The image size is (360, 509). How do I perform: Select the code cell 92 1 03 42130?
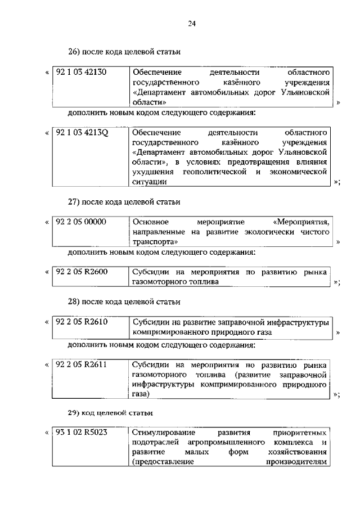82,72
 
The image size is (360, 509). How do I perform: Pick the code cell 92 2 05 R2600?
82,272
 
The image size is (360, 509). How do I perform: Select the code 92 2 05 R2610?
82,322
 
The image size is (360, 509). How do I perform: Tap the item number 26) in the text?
75,52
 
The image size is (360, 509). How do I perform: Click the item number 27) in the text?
75,201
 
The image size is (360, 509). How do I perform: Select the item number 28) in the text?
75,302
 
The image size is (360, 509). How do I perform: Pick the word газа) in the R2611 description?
141,395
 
